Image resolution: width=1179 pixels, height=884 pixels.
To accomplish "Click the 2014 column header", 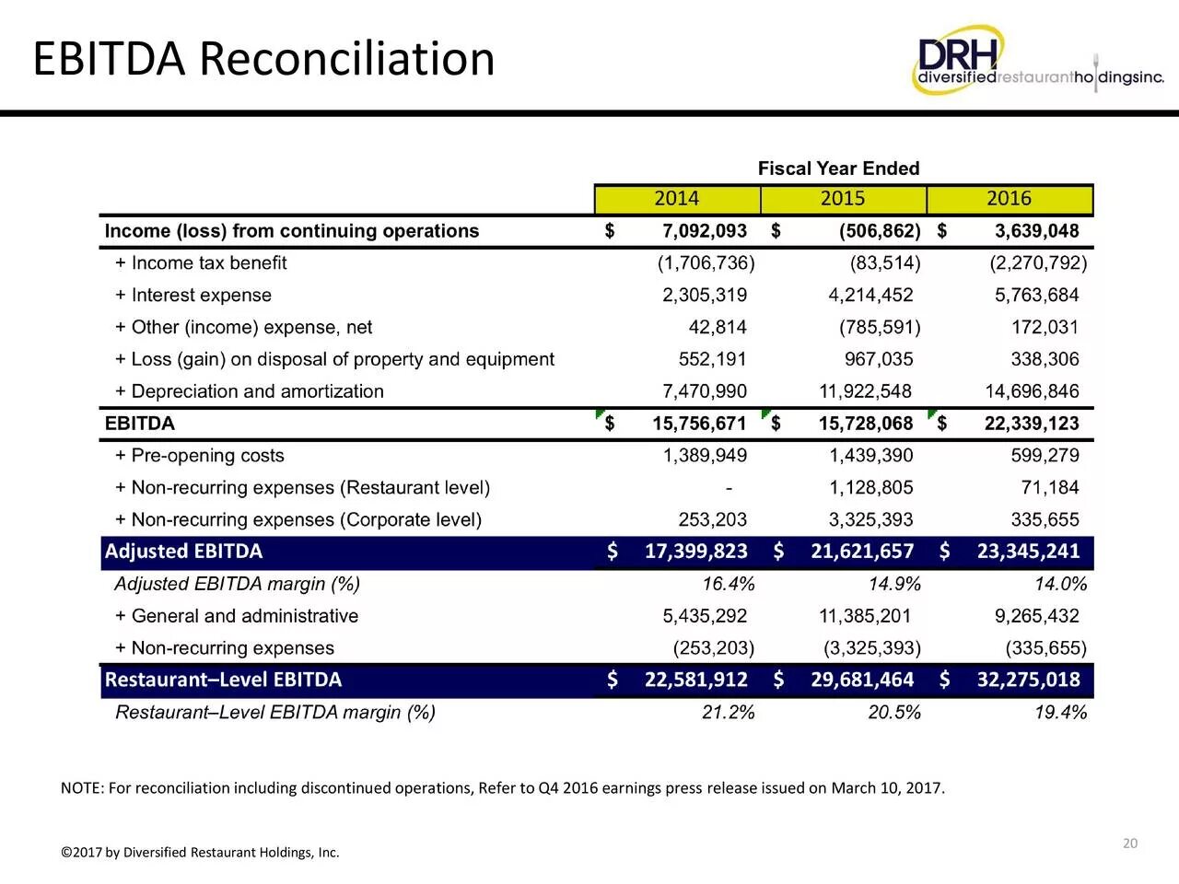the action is (x=677, y=199).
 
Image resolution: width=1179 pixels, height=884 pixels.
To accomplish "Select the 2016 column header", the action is (x=1010, y=199).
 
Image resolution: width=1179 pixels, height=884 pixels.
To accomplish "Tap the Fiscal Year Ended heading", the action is (x=838, y=169).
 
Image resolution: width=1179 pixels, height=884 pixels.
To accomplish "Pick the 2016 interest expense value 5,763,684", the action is (x=1036, y=296).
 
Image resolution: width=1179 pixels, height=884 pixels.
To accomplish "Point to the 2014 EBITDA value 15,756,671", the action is (x=699, y=424).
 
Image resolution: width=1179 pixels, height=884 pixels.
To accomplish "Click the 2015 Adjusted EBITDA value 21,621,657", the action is (x=862, y=552).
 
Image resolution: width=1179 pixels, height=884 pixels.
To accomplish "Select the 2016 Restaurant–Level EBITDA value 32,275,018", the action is (x=1028, y=680).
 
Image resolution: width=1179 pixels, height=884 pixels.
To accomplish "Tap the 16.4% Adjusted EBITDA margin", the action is (x=729, y=584).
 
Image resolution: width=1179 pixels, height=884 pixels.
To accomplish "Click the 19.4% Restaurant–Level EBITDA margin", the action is (x=1061, y=712).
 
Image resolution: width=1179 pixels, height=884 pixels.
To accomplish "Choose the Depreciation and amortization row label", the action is (x=250, y=391).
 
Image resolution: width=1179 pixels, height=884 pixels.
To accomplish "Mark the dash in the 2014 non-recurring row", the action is (x=729, y=488).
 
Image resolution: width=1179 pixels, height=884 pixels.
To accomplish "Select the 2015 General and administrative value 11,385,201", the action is (x=865, y=616).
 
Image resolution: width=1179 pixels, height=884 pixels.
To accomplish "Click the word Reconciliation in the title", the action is (x=347, y=59).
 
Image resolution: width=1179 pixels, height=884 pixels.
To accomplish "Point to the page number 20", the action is (x=1130, y=843).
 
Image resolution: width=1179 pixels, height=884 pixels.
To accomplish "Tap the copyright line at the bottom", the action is (x=200, y=853).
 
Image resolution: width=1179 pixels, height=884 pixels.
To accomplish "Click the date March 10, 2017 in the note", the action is (x=888, y=788).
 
